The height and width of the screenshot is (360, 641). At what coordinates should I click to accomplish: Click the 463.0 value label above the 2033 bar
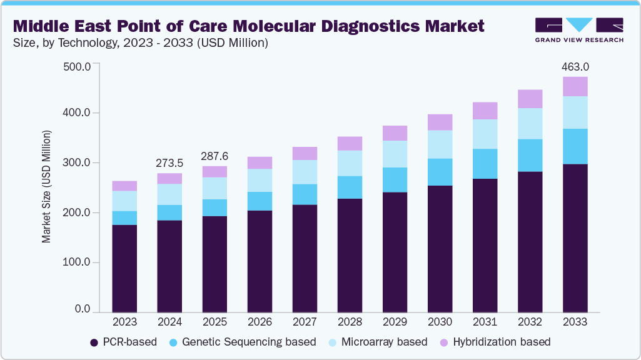[x=575, y=66]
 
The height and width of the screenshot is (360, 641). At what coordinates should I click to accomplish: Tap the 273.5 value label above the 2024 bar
[x=169, y=163]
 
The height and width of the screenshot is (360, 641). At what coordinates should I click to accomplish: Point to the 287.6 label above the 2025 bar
[x=215, y=156]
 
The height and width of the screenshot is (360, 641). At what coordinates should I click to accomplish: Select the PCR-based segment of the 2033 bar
[x=575, y=237]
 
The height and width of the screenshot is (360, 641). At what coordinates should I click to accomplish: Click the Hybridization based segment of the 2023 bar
[x=124, y=186]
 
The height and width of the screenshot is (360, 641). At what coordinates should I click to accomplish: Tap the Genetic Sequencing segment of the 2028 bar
[x=350, y=187]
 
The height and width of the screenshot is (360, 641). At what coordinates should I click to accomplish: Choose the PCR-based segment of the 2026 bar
[x=260, y=261]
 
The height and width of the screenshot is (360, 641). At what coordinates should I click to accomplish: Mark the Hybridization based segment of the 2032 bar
[x=530, y=99]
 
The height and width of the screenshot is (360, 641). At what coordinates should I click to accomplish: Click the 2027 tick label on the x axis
[x=305, y=322]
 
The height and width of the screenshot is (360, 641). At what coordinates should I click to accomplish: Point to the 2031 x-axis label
[x=485, y=322]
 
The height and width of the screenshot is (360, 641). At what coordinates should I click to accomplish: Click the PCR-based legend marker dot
[x=94, y=342]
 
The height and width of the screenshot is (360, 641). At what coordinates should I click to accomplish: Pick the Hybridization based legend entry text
[x=502, y=342]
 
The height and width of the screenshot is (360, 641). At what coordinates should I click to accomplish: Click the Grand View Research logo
[x=579, y=30]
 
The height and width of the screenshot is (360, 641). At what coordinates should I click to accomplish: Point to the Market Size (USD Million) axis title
[x=46, y=187]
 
